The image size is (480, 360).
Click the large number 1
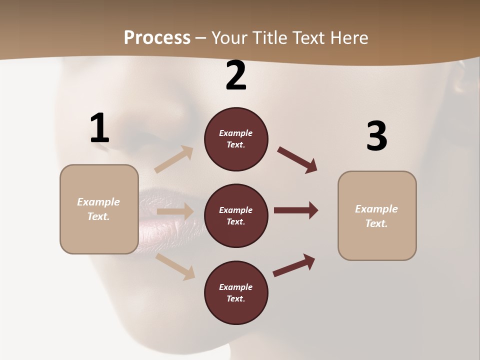tap(99, 128)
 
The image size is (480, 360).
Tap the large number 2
tap(236, 75)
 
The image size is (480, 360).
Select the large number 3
tap(376, 136)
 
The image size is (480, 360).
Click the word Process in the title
tap(157, 37)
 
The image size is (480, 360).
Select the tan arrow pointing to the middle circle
tap(175, 211)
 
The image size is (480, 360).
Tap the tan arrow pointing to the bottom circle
tap(175, 266)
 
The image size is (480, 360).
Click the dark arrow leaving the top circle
tap(297, 160)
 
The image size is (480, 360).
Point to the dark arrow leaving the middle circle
tap(296, 210)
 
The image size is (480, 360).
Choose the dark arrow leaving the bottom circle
tap(294, 265)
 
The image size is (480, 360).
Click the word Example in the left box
tap(98, 202)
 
